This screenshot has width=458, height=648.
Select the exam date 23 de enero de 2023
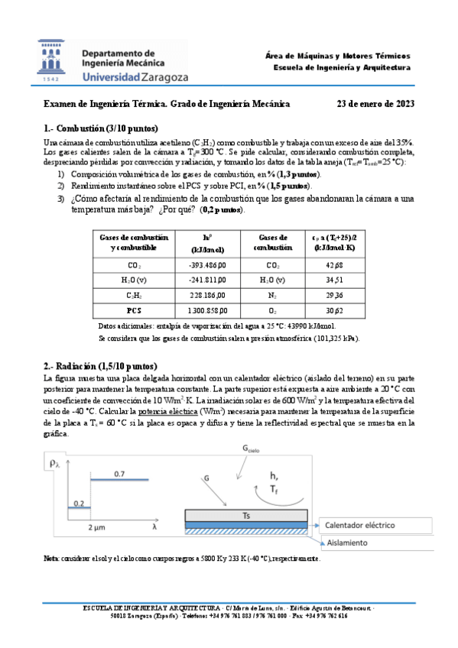point(375,105)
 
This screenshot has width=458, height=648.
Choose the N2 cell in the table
point(272,295)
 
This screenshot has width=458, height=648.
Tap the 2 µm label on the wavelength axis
point(96,528)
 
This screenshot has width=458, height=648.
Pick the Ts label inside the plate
point(246,517)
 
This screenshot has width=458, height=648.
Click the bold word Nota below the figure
point(53,559)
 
